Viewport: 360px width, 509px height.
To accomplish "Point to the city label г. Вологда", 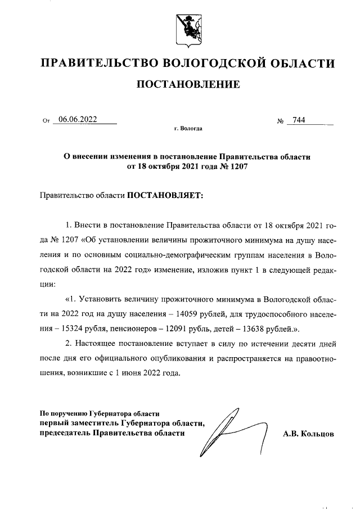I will point(188,129).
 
